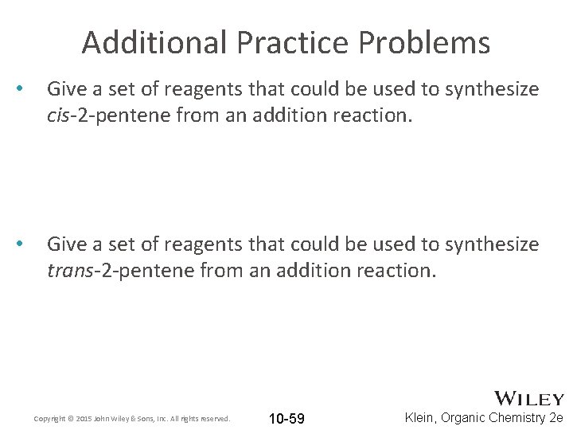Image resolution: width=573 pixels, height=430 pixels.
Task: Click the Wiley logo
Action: [x=529, y=398]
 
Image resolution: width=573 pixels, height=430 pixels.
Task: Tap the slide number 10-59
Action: [x=286, y=418]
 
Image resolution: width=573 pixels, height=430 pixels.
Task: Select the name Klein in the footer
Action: [x=419, y=417]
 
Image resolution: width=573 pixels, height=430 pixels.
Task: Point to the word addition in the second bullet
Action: [x=310, y=271]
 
